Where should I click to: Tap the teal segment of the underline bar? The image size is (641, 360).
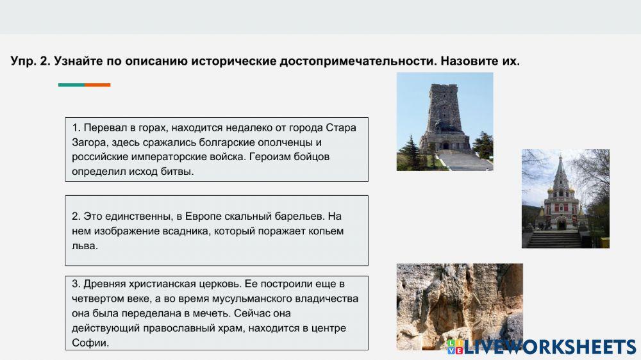click(71, 85)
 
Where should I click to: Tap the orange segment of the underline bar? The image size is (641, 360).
click(97, 85)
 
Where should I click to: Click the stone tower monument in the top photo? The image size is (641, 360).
click(444, 115)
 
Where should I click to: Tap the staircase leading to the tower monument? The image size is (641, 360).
click(464, 160)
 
